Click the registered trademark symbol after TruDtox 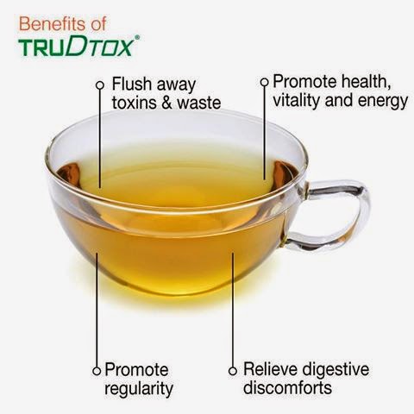(137, 37)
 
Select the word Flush (132, 84)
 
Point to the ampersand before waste (166, 103)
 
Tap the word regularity (139, 389)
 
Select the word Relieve (269, 369)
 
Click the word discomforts (287, 387)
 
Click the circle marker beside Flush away (100, 85)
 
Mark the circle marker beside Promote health (264, 82)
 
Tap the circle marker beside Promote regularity (97, 371)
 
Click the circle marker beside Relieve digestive (233, 371)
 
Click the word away (176, 85)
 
